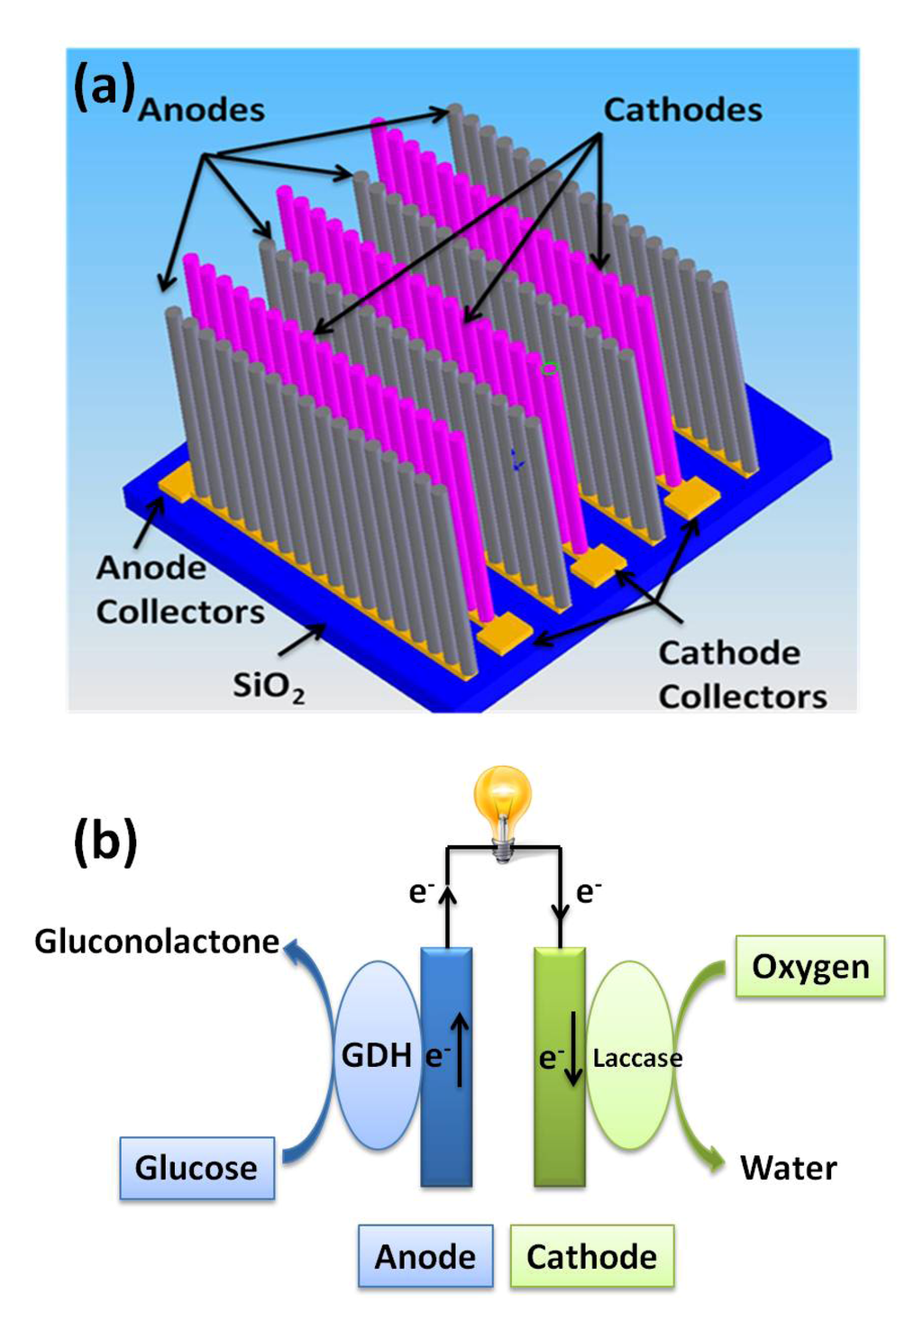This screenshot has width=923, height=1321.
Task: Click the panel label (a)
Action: pos(104,87)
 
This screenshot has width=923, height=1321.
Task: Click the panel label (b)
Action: pos(105,841)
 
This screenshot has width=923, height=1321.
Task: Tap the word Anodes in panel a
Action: pos(202,110)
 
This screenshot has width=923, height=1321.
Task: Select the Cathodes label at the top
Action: pos(682,110)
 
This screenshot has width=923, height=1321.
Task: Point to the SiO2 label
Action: pos(268,686)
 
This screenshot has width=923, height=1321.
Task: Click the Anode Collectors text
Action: pos(179,589)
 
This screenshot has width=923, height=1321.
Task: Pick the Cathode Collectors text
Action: pos(742,674)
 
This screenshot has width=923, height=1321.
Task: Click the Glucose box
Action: pos(196,1168)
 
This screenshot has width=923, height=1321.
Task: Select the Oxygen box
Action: pos(810,967)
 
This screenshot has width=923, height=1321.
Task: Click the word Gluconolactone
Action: pos(157,942)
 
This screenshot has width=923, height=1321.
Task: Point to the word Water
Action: pos(788,1168)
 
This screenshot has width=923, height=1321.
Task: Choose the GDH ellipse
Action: pos(377,1054)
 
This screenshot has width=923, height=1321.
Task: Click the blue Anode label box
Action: pos(425,1256)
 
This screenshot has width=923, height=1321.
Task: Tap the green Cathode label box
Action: pos(591,1256)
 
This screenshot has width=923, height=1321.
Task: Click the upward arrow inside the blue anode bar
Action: pos(460,1049)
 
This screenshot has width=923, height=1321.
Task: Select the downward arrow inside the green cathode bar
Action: pos(573,1054)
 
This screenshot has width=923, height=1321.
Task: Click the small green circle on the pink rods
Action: pos(549,368)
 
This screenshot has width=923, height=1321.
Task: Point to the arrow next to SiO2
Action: pos(302,641)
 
